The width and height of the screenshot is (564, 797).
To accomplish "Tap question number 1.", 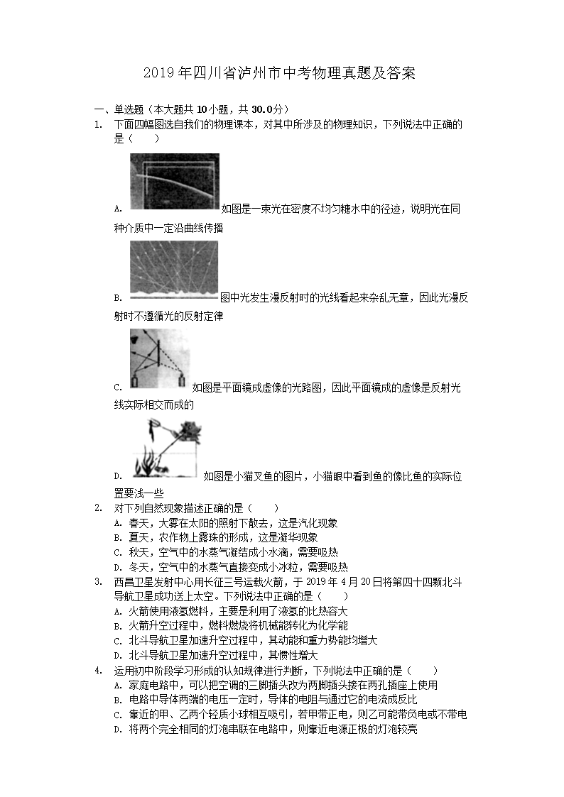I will (98, 125).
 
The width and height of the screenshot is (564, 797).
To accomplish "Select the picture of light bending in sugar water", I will (175, 181).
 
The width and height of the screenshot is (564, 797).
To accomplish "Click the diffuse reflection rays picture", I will (174, 268).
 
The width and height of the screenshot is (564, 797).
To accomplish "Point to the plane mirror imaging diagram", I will (159, 361).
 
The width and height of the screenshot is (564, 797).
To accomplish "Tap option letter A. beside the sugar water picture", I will (117, 209).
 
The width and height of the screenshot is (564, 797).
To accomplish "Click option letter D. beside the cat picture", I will (117, 476).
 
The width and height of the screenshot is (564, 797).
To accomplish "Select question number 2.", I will (98, 508).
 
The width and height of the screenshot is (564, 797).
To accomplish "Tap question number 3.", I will (98, 582).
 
